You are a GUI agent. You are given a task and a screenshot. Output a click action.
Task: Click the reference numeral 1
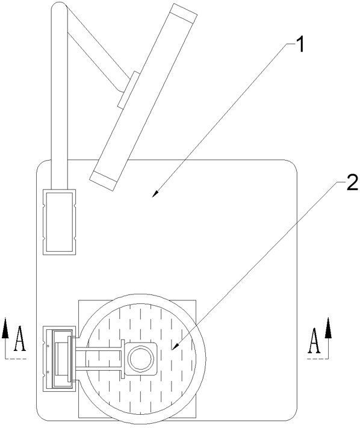(300, 45)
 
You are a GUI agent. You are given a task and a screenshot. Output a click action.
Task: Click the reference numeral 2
(352, 182)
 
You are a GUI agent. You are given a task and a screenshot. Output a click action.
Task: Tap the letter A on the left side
(20, 338)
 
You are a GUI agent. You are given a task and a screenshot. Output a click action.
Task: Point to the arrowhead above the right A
(328, 328)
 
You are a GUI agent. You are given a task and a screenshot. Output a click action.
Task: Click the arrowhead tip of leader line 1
(152, 197)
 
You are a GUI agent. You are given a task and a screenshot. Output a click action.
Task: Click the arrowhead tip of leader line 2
(172, 350)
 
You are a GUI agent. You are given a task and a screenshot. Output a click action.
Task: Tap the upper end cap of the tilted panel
(184, 14)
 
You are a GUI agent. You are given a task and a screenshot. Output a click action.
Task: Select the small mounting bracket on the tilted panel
(129, 90)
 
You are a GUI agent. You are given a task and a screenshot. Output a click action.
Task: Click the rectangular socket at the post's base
(59, 222)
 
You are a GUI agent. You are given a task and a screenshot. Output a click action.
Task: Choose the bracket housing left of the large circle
(59, 359)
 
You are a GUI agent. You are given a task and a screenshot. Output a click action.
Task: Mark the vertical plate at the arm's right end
(123, 359)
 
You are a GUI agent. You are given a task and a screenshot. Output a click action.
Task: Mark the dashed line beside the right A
(317, 359)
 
